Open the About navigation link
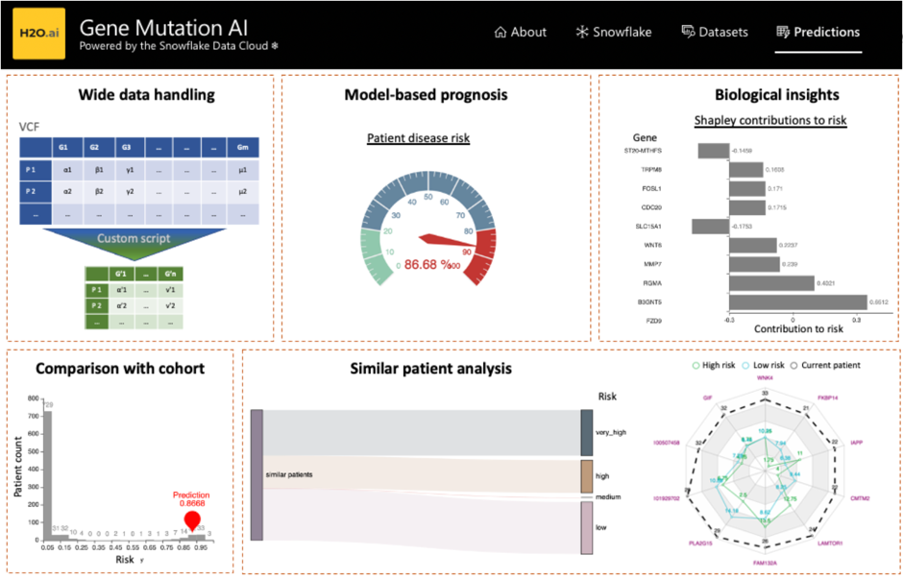[520, 32]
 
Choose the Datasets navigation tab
[715, 32]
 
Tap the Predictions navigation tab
[818, 32]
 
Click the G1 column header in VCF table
[63, 149]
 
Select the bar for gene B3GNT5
[797, 302]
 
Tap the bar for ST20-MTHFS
[712, 151]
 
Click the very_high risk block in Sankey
[587, 433]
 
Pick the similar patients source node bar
[256, 474]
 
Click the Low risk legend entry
[759, 365]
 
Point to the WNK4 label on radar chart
[765, 377]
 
